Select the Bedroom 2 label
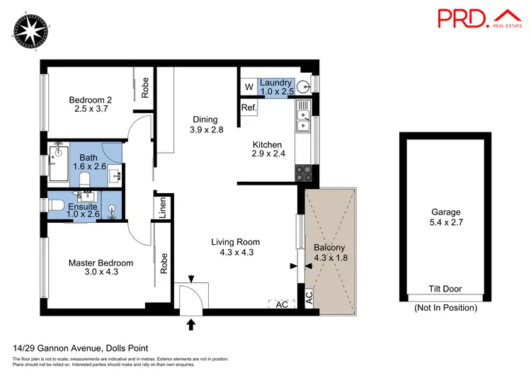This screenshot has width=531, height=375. (91, 105)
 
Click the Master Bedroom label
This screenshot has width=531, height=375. (101, 268)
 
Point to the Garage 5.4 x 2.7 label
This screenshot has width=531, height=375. (445, 217)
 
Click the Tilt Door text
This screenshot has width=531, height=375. (445, 289)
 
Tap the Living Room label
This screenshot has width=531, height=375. (232, 247)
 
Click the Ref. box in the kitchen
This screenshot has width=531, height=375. (248, 108)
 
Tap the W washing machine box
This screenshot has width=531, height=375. (249, 87)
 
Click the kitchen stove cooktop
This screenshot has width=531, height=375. (303, 171)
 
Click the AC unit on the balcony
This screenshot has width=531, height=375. (309, 297)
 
